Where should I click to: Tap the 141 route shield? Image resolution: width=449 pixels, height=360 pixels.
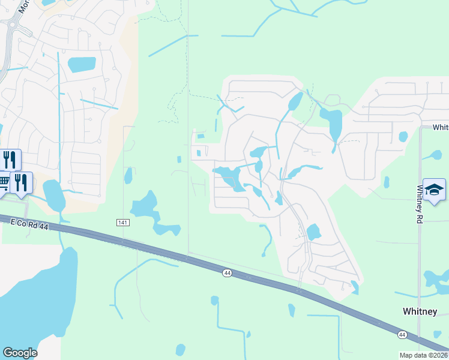122,223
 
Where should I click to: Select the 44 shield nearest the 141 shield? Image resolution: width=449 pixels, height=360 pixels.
226,273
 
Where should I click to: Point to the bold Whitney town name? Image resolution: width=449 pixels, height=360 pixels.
419,311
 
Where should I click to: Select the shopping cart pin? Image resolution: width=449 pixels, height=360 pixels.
3,181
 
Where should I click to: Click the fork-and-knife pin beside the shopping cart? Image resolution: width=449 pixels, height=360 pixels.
22,182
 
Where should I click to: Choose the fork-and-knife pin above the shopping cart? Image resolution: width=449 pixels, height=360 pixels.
10,160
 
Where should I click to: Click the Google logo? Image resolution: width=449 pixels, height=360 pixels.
20,353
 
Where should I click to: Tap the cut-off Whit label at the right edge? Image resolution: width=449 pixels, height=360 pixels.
441,127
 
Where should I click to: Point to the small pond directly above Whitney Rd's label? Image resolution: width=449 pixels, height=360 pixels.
403,137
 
